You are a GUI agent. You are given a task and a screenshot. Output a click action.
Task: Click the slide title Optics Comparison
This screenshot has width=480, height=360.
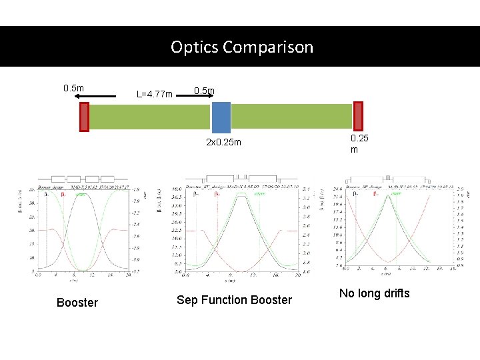coord(241,47)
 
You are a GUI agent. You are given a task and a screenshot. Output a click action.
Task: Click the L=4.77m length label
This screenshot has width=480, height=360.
coord(154,95)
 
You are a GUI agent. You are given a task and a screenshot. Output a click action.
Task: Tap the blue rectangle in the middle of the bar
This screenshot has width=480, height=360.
coord(221,117)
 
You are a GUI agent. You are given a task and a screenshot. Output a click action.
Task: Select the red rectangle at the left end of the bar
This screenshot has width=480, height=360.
coord(85,116)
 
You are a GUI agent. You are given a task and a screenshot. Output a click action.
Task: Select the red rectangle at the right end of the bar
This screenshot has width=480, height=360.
coord(358,116)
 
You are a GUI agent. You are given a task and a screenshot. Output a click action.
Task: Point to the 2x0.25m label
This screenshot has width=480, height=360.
coord(223,143)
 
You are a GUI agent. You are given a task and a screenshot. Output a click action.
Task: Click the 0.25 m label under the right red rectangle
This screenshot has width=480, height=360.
coord(359,144)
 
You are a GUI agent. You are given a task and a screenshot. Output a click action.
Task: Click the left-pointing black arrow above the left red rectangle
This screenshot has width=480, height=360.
coord(100,97)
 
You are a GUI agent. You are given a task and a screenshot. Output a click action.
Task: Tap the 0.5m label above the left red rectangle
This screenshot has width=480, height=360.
coord(73,88)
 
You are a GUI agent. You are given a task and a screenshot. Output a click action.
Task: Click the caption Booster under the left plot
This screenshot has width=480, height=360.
coord(77,303)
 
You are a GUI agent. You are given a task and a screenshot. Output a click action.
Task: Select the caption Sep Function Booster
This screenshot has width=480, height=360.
coord(234,300)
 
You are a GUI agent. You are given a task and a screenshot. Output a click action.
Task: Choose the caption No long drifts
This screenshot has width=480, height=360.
coord(374,293)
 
